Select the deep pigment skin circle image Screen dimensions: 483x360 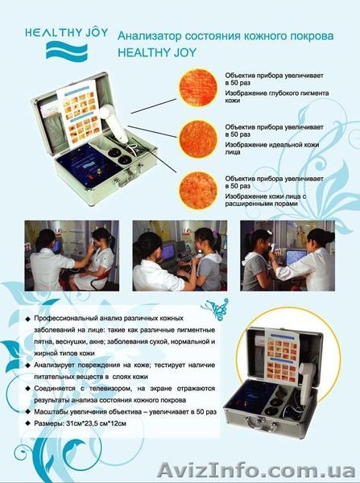point(197,89)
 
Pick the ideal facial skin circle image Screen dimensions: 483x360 point(197,139)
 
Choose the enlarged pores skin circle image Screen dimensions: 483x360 point(197,188)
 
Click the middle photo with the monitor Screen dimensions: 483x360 point(178,255)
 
